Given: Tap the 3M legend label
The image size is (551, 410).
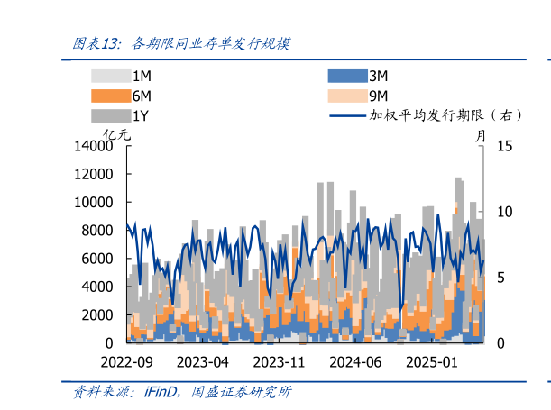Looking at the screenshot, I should [x=378, y=77].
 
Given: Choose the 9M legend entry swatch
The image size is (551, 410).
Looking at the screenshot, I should [x=345, y=96].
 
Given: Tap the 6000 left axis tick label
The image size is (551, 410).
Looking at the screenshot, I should [x=96, y=259].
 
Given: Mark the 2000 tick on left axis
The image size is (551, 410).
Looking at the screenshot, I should [x=96, y=314].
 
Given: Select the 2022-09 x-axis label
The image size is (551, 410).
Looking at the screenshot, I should [x=128, y=362].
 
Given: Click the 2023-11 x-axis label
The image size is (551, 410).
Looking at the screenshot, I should [x=280, y=362].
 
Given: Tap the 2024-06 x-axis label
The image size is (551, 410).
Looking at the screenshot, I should [x=356, y=362].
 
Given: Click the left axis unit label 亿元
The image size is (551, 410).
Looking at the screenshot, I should [x=117, y=134].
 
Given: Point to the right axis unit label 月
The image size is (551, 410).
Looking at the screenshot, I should [x=481, y=134].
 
